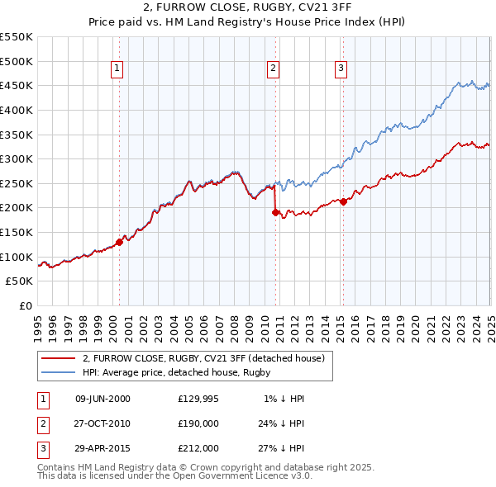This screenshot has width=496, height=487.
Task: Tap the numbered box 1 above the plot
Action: pyautogui.click(x=117, y=69)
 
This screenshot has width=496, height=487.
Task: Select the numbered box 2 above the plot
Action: pyautogui.click(x=273, y=69)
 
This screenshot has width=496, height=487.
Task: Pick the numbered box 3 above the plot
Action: pyautogui.click(x=341, y=69)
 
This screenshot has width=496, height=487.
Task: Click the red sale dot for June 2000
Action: pyautogui.click(x=119, y=242)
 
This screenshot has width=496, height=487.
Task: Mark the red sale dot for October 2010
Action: pyautogui.click(x=276, y=212)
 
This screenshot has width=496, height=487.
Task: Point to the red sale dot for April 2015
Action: pyautogui.click(x=344, y=201)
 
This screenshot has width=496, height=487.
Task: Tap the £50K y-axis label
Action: pyautogui.click(x=20, y=281)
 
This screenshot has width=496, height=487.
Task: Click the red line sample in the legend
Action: pyautogui.click(x=58, y=359)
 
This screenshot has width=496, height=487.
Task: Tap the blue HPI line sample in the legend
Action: pyautogui.click(x=58, y=373)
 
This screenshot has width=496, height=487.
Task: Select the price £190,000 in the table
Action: pyautogui.click(x=198, y=423)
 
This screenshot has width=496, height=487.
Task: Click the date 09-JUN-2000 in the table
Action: pyautogui.click(x=103, y=399)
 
